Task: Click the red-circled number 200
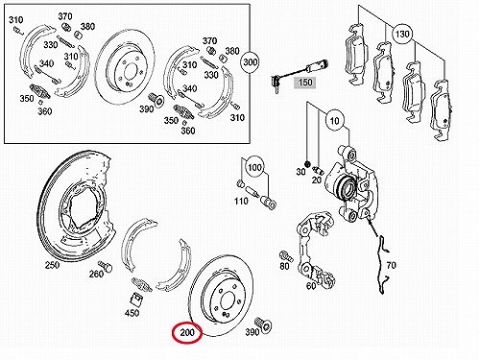tap(187, 333)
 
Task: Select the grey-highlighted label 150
tap(305, 83)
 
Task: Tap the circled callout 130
tap(402, 34)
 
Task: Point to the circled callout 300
tap(251, 61)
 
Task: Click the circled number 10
tap(334, 121)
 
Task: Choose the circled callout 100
tap(254, 167)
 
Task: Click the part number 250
tap(52, 265)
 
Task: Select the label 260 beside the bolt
tap(96, 274)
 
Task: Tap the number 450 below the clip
tap(132, 313)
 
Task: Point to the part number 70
tap(392, 265)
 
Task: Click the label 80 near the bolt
tap(284, 266)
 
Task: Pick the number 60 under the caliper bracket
tap(311, 286)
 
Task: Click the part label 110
tap(241, 201)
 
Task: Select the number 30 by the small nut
tap(300, 172)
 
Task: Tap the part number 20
tap(316, 180)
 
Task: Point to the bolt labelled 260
tap(105, 266)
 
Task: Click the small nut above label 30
tap(307, 164)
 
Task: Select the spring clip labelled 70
tap(383, 264)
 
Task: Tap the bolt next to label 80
tap(285, 256)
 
